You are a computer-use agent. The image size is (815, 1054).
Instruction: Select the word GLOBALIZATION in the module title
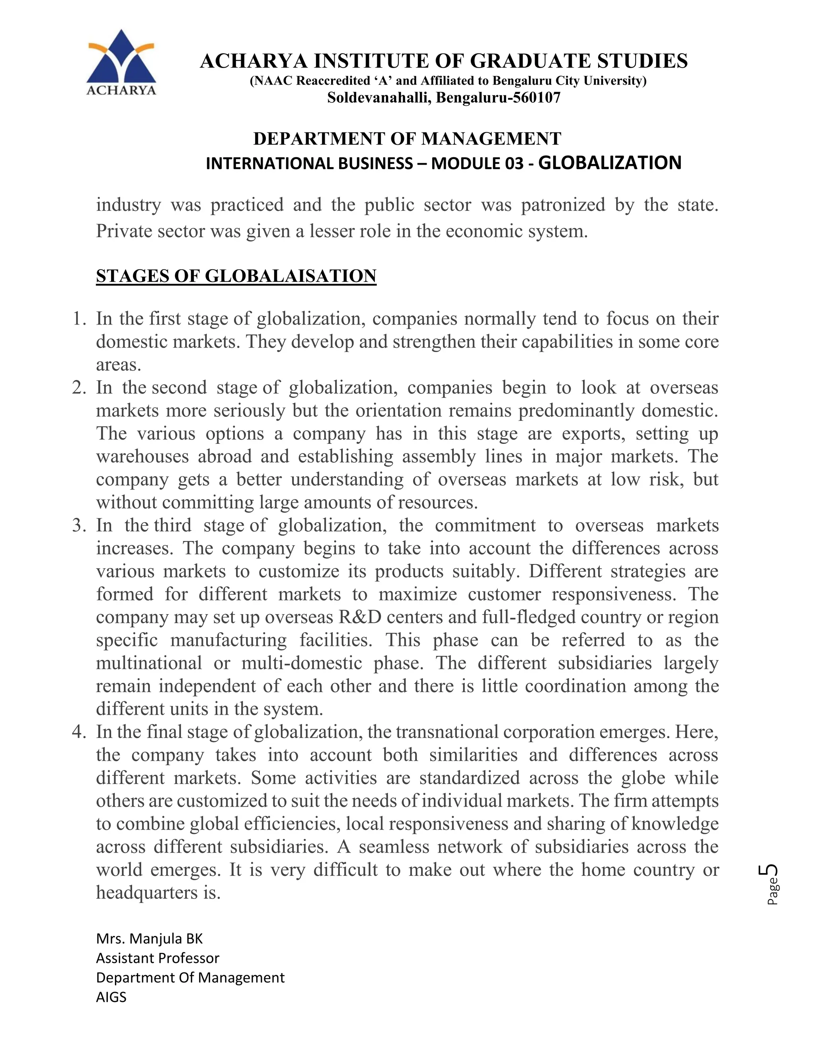pyautogui.click(x=609, y=163)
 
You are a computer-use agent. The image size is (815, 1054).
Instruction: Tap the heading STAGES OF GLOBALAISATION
pyautogui.click(x=236, y=276)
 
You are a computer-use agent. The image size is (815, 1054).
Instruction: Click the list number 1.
pyautogui.click(x=79, y=319)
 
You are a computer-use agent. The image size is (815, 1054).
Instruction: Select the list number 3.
pyautogui.click(x=79, y=525)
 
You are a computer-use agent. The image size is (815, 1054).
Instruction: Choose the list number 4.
pyautogui.click(x=79, y=732)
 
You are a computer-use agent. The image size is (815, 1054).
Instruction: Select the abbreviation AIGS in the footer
pyautogui.click(x=111, y=997)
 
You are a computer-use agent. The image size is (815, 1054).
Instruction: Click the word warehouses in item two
pyautogui.click(x=142, y=457)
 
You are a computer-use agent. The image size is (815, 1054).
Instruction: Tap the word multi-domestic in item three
pyautogui.click(x=302, y=663)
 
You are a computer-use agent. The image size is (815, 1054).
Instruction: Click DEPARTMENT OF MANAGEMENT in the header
pyautogui.click(x=407, y=139)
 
